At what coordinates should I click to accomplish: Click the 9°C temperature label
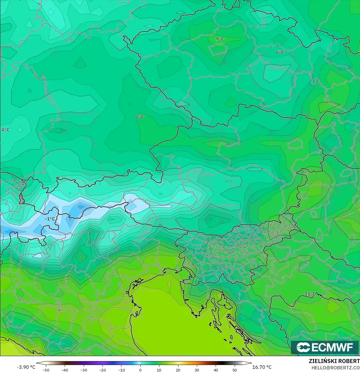tap(220, 39)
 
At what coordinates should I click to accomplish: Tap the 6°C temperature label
tap(280, 52)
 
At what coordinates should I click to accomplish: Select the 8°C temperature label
tap(140, 117)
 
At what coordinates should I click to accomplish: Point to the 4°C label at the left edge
tap(5, 130)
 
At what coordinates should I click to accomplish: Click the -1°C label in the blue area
tap(50, 219)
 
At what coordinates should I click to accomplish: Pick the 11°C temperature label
tap(310, 294)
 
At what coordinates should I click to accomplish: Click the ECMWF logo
tap(324, 347)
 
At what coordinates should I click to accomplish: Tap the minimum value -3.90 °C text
tap(26, 367)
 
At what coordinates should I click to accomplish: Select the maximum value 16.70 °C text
tap(262, 367)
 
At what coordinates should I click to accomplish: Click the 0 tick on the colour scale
tap(140, 370)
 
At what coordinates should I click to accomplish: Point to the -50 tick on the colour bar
tap(46, 370)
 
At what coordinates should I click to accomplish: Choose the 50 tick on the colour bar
tap(234, 370)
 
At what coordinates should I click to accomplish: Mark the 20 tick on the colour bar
tap(178, 370)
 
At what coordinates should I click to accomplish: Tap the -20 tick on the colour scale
tap(102, 370)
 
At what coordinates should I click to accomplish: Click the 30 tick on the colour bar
tap(197, 370)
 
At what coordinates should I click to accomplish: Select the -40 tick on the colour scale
tap(65, 370)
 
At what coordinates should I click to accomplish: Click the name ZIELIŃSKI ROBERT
tap(334, 361)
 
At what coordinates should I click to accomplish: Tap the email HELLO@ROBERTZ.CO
tap(335, 368)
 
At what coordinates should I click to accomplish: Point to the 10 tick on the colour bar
tap(159, 370)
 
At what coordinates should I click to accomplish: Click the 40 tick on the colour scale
tap(216, 370)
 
